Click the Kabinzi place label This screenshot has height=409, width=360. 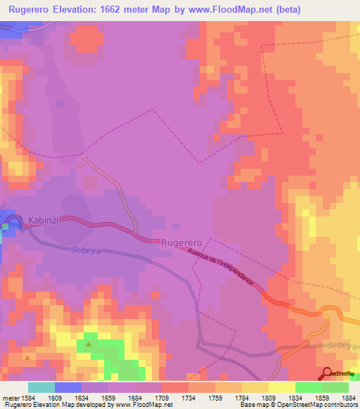[44, 220]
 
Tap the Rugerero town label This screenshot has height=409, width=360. [182, 242]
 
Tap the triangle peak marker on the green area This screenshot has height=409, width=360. [89, 344]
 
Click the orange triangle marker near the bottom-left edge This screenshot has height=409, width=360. [27, 358]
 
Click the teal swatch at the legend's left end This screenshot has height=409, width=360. [41, 387]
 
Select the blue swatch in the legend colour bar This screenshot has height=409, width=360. [68, 387]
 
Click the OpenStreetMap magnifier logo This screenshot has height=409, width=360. [328, 372]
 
